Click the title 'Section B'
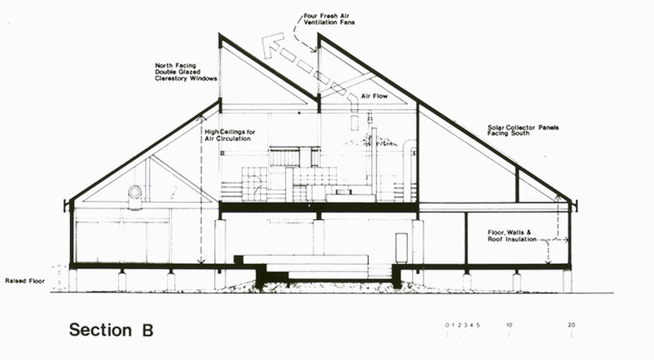(112, 330)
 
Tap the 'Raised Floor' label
(24, 281)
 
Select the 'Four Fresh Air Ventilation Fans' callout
(329, 20)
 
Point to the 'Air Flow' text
(374, 96)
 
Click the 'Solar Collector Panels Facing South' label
(523, 130)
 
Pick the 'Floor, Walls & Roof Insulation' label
(512, 236)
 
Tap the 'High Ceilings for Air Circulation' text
(230, 135)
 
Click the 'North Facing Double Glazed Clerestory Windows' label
(186, 72)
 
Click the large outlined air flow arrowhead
(271, 45)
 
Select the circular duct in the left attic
(134, 192)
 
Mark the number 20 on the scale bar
(571, 325)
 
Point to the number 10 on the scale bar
(509, 325)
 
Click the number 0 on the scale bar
(447, 325)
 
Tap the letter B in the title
(147, 330)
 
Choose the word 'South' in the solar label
(520, 134)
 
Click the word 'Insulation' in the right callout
(521, 239)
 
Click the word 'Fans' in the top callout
(348, 23)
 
